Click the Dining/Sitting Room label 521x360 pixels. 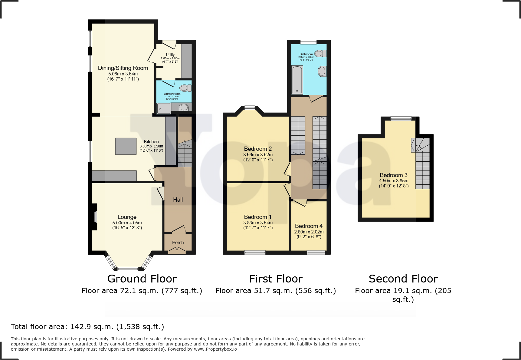point(123,68)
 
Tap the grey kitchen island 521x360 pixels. point(126,146)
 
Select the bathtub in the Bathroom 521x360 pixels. point(297,80)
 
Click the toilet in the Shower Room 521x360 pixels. point(185,88)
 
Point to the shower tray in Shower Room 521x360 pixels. point(164,108)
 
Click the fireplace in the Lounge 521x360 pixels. point(95,217)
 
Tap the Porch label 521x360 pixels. point(178,243)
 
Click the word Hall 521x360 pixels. point(178,200)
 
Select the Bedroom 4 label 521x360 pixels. point(309,226)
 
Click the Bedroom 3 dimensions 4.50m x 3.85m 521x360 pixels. point(394,181)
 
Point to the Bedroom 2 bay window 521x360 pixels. point(250,108)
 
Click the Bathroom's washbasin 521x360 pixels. point(322,71)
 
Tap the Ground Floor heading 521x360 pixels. point(142,279)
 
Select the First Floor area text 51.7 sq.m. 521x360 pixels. point(276,291)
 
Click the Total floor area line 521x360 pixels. point(87,327)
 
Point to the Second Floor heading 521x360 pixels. point(403,279)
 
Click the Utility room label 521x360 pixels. point(170,55)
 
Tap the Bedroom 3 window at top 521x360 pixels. point(401,119)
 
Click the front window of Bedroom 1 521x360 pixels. point(255,253)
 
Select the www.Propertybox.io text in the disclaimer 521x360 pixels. point(215,349)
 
